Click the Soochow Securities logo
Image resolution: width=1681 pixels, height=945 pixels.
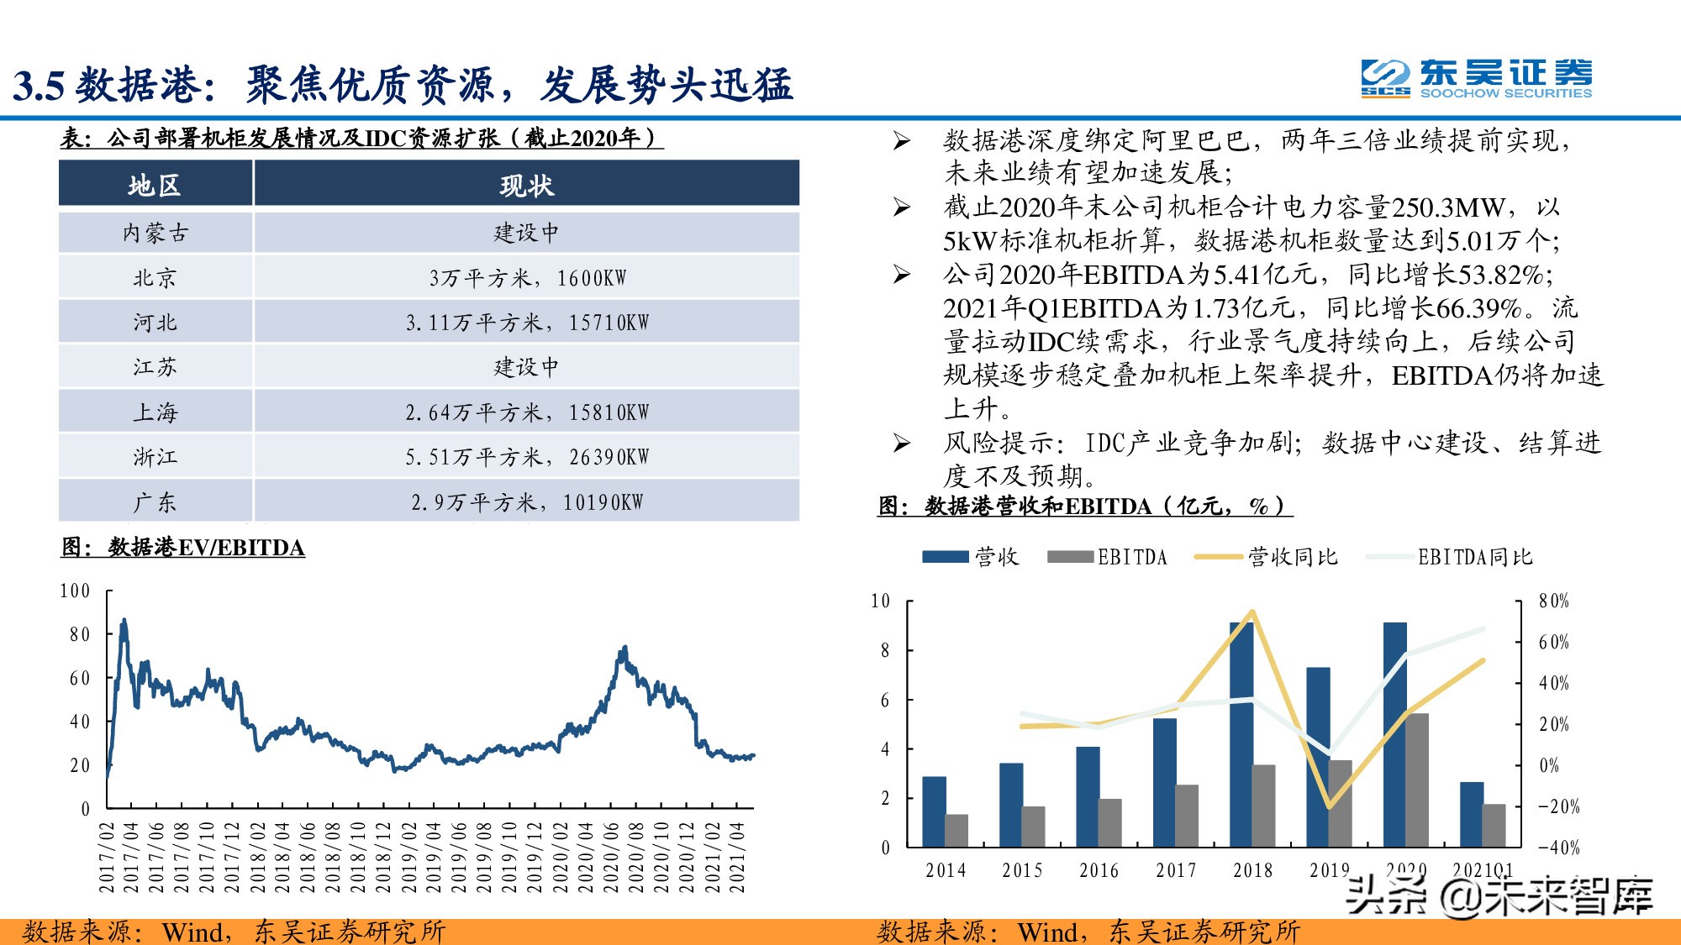pyautogui.click(x=1476, y=79)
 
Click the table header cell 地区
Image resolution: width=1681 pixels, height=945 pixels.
pyautogui.click(x=155, y=185)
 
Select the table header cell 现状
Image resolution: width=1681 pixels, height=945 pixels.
pyautogui.click(x=526, y=185)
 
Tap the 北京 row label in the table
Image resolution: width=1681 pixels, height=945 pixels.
pyautogui.click(x=155, y=278)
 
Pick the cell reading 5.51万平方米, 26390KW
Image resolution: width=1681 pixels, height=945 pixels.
pyautogui.click(x=527, y=458)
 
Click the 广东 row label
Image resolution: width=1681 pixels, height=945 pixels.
pyautogui.click(x=155, y=502)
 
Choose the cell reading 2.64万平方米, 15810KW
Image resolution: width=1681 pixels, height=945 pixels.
pyautogui.click(x=527, y=412)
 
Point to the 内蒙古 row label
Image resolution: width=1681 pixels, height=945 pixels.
pyautogui.click(x=155, y=233)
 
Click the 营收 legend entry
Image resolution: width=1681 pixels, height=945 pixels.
pyautogui.click(x=971, y=557)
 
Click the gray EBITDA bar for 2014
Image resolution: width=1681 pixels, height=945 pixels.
pyautogui.click(x=956, y=830)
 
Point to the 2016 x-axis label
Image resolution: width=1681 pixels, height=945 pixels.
pyautogui.click(x=1099, y=871)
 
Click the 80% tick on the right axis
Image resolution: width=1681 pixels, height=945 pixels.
pyautogui.click(x=1553, y=601)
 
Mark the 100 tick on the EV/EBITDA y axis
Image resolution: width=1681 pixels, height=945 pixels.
pyautogui.click(x=75, y=591)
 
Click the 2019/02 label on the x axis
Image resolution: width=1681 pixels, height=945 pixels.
pyautogui.click(x=408, y=857)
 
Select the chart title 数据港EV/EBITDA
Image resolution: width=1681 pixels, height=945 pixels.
pyautogui.click(x=183, y=548)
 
